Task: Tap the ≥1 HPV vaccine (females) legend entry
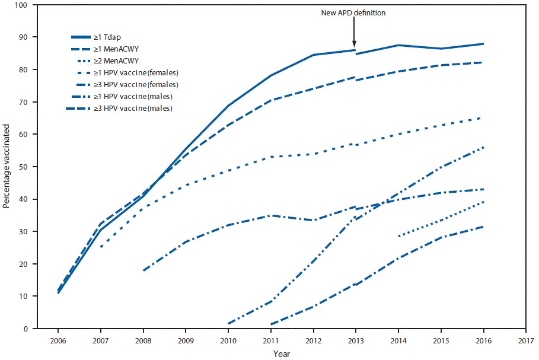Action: point(144,73)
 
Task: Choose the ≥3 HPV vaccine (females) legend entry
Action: point(144,85)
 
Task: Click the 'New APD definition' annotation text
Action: point(354,13)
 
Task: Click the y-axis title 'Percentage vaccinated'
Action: point(7,166)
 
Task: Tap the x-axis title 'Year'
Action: point(282,354)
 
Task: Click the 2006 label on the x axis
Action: point(58,341)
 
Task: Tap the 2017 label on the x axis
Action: point(525,341)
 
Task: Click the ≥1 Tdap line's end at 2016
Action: point(483,44)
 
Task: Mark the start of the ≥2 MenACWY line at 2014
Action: point(398,236)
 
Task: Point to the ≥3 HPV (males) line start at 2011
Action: point(270,324)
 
